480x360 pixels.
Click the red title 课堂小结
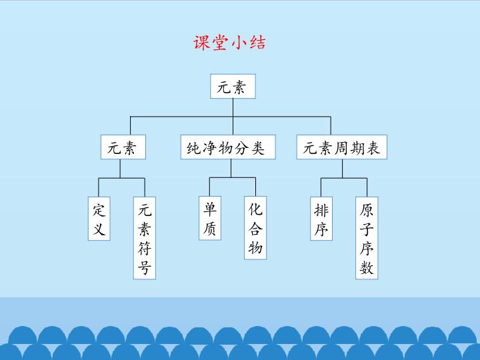229,43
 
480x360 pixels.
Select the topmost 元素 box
233,87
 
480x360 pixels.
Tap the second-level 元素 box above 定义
123,148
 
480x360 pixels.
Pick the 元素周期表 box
341,148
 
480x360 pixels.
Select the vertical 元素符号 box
145,239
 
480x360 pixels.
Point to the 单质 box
209,219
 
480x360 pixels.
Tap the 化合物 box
255,229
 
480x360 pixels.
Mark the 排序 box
321,219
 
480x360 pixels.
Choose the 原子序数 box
367,239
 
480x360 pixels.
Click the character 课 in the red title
201,43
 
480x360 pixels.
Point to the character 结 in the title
258,43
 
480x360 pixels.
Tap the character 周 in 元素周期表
349,148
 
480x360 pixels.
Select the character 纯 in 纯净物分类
193,148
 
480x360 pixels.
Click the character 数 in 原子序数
367,268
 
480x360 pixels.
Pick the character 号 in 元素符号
145,268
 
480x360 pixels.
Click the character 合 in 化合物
255,229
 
